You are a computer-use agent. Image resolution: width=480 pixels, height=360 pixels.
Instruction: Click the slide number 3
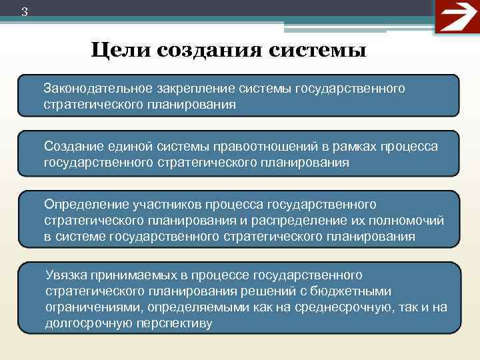(x=24, y=11)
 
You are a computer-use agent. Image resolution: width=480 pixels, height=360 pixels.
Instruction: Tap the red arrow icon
(x=457, y=17)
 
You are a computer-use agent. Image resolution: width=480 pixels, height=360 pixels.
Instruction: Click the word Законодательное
(x=97, y=89)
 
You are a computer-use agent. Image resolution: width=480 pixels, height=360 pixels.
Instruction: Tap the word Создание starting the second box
(x=71, y=146)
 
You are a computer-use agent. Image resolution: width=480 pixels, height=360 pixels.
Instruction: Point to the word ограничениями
(x=93, y=307)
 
